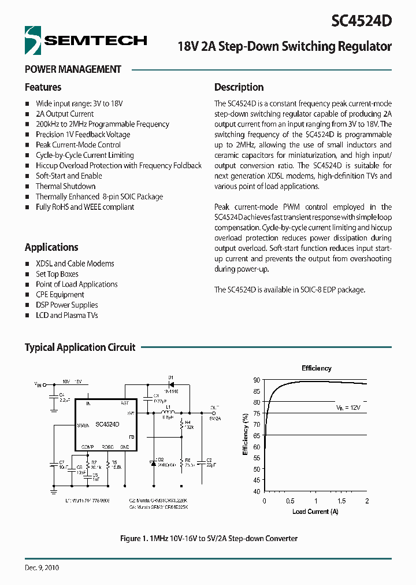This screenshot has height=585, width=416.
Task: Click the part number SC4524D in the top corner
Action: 362,21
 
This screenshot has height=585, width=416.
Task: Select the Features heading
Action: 43,87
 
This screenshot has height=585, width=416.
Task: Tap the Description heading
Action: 239,87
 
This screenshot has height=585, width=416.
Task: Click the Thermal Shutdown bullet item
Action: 65,186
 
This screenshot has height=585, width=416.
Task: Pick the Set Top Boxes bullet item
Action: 57,274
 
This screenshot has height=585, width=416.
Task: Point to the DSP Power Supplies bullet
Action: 66,305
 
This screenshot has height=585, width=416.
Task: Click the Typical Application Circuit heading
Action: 80,347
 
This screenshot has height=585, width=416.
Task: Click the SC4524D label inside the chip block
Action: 107,424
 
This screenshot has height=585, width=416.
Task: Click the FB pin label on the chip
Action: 132,437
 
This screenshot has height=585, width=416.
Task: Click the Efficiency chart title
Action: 316,368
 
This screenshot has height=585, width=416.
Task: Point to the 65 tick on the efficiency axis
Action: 256,435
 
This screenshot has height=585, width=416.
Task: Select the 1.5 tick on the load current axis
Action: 341,501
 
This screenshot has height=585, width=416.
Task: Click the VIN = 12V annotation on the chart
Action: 348,408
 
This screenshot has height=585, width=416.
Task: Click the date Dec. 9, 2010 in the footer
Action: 42,568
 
